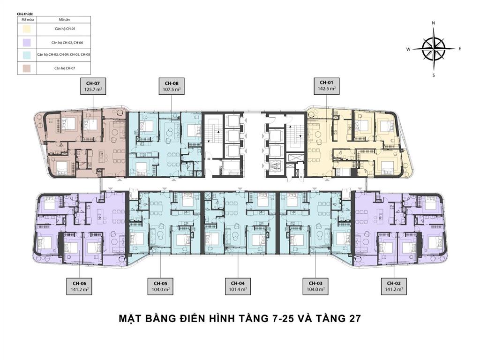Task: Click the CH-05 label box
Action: (160, 286)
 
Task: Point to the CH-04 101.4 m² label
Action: (238, 286)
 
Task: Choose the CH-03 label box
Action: (315, 286)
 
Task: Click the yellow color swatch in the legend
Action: (27, 29)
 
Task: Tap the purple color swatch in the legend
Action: (27, 42)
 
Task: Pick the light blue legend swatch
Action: (27, 55)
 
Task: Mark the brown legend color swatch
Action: (27, 68)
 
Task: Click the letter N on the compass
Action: (434, 22)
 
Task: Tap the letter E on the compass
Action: (460, 49)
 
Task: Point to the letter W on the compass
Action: (408, 49)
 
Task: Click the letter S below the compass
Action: (434, 75)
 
